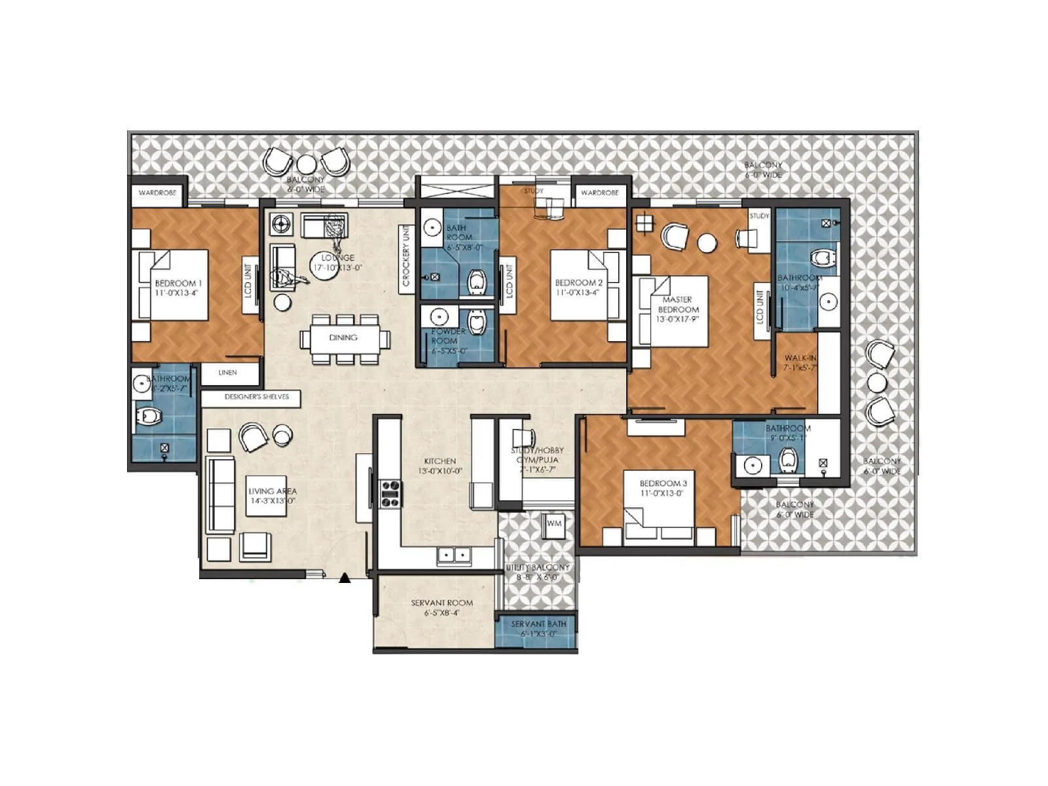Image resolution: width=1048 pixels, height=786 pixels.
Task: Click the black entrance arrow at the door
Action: click(x=345, y=578)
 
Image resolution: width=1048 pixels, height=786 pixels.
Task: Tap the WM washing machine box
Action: click(x=554, y=524)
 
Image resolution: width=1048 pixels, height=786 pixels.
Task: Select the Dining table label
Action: click(x=343, y=338)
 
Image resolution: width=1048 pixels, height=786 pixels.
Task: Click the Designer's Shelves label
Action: click(x=256, y=397)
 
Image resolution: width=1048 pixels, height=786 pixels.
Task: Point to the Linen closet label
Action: click(x=227, y=373)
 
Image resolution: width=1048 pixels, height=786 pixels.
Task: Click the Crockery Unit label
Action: click(x=406, y=256)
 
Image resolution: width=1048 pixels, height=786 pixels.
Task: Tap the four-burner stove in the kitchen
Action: click(x=390, y=494)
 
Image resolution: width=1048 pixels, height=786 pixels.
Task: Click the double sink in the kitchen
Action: click(x=454, y=556)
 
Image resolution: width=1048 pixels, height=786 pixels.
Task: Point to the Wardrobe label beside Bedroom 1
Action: click(x=157, y=193)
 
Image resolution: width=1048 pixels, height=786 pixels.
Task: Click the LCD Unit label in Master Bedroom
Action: click(x=760, y=307)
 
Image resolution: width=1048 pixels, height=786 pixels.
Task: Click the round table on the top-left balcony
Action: click(x=306, y=163)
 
